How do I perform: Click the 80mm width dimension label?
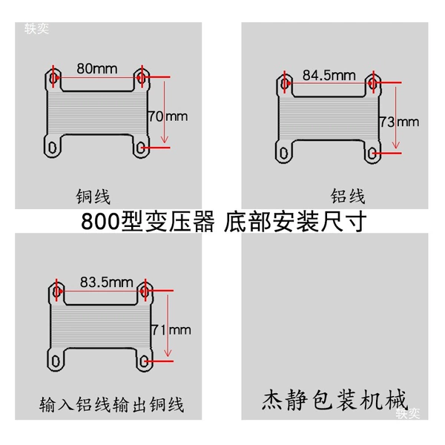point(97,69)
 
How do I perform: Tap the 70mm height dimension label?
point(168,116)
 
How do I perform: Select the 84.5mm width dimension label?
point(329,76)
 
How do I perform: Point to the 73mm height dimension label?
point(400,122)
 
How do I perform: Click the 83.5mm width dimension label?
point(106,283)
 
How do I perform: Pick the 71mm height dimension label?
point(171,330)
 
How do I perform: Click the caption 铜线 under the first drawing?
point(93,197)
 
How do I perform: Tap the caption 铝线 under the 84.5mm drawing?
point(348,196)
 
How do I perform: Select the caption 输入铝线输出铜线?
point(111,404)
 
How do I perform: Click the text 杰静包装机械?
point(334,400)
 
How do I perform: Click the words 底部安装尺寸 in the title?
point(295,221)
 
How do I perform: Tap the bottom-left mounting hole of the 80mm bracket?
point(53,148)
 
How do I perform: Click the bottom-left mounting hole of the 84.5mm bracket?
point(284,154)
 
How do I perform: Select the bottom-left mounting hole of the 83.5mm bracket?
point(56,361)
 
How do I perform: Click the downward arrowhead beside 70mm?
point(165,139)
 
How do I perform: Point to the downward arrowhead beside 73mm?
point(396,145)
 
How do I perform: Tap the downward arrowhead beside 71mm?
point(168,353)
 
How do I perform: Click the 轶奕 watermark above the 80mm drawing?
point(36,29)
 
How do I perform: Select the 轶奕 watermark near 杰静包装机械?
point(407,414)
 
